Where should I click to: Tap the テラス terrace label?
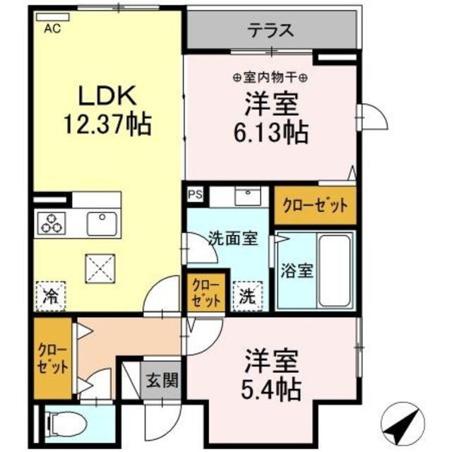(270, 30)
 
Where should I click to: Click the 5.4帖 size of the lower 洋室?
(272, 386)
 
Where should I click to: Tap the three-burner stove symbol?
(51, 223)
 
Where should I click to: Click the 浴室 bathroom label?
(294, 270)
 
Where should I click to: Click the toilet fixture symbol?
(67, 425)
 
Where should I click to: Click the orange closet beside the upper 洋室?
(314, 206)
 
